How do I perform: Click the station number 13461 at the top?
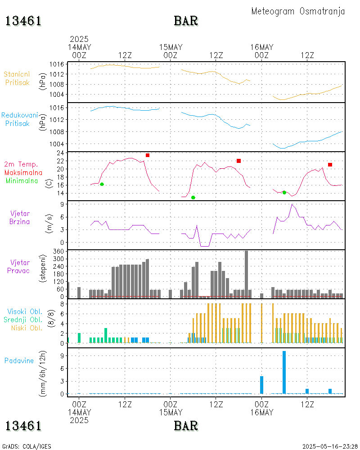click(23, 21)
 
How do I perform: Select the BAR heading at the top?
click(186, 21)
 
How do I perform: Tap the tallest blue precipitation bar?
click(284, 372)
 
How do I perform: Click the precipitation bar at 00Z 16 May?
click(261, 385)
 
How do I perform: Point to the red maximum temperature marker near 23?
click(148, 155)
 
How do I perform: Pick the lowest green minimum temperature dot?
click(193, 198)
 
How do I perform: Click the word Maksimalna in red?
click(23, 172)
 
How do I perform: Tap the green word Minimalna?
click(22, 180)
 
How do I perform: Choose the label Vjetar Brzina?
click(20, 217)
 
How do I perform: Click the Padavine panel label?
click(19, 360)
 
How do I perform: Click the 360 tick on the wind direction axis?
click(59, 252)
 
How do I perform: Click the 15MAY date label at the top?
click(171, 47)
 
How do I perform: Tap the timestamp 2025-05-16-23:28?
click(330, 446)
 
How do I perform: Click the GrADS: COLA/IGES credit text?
click(27, 446)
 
